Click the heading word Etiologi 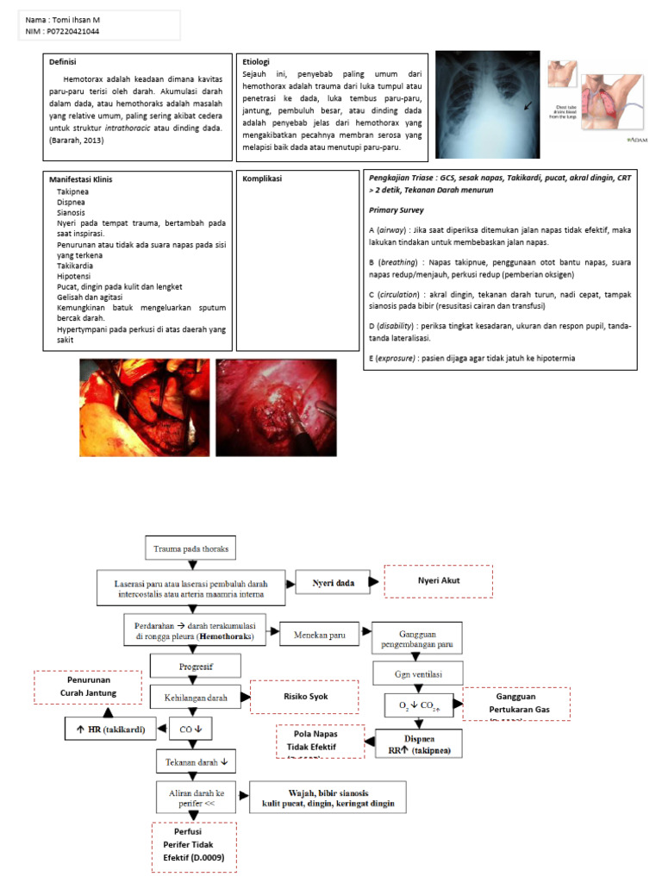click(x=256, y=62)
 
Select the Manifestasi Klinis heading click(x=81, y=179)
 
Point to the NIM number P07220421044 click(x=78, y=31)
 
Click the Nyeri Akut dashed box click(x=438, y=580)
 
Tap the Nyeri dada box click(x=333, y=584)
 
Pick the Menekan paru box click(x=317, y=635)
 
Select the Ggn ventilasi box click(x=418, y=672)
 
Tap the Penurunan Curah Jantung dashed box click(x=88, y=686)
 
